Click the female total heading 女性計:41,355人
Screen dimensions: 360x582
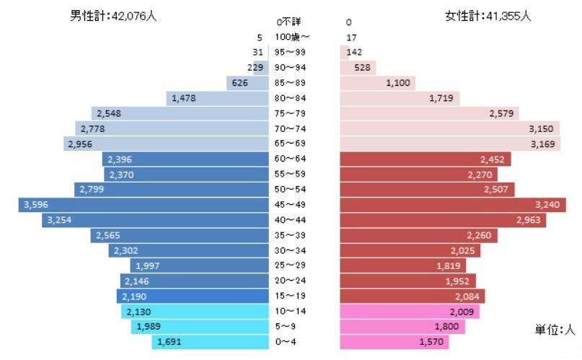click(x=488, y=16)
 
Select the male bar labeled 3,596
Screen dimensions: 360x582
click(x=144, y=205)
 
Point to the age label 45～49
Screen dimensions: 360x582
click(x=291, y=205)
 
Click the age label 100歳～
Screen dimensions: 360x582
click(x=292, y=37)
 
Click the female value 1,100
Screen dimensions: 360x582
click(x=398, y=83)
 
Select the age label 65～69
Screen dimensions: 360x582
click(x=291, y=144)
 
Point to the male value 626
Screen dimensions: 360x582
click(x=241, y=83)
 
